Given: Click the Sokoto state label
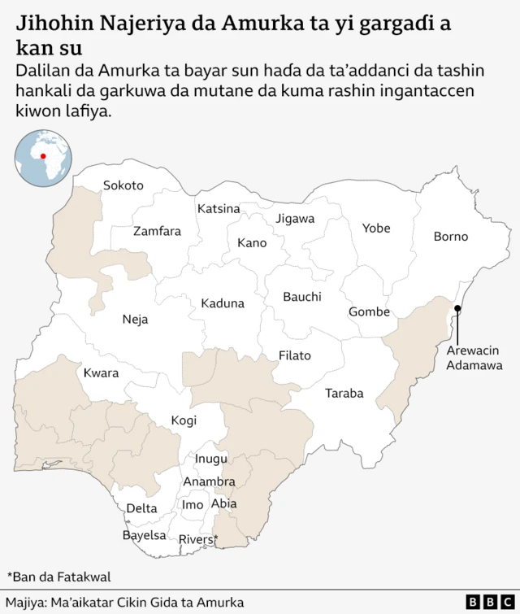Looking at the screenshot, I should tap(123, 185).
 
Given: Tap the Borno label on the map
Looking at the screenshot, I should tap(450, 237).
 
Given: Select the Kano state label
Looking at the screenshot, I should tap(252, 242).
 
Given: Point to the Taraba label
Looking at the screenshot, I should tap(344, 394).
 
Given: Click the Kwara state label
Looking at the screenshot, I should tap(101, 373).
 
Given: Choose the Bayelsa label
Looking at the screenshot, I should tap(144, 535).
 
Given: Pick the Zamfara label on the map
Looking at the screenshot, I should tap(157, 231).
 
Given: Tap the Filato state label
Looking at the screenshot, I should tap(294, 355).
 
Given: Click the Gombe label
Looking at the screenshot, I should tap(369, 311).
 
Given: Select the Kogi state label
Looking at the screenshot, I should tap(184, 420).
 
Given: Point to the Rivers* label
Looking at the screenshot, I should tap(198, 539).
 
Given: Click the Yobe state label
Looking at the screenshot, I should tap(376, 228).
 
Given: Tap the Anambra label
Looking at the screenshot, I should tap(209, 481).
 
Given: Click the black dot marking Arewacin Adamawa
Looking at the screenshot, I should tap(457, 308).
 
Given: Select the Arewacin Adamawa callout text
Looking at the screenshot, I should tap(472, 358).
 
